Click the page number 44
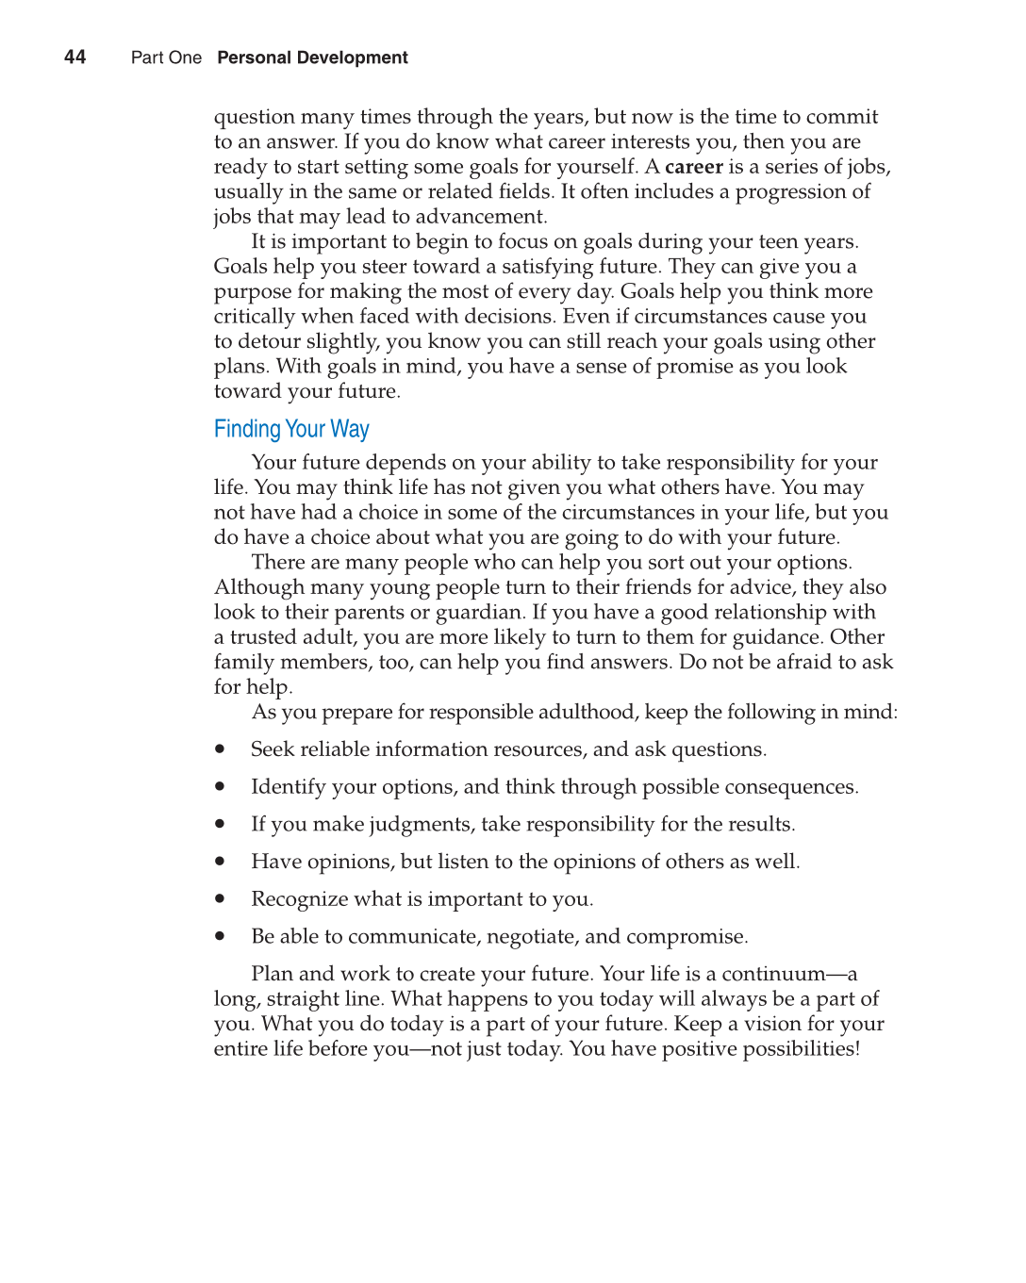pos(74,58)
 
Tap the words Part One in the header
pos(166,58)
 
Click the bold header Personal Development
pos(312,58)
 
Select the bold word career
pos(693,167)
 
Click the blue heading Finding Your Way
pos(291,429)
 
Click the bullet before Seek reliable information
pos(220,749)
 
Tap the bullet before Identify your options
pos(220,786)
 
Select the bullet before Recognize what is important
pos(220,899)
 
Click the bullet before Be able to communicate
pos(220,936)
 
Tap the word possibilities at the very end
pos(800,1049)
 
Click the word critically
pos(254,317)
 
